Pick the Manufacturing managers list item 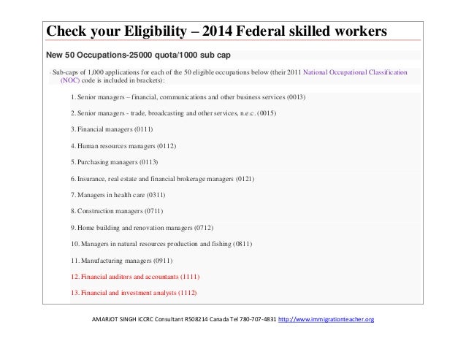pyautogui.click(x=112, y=261)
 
